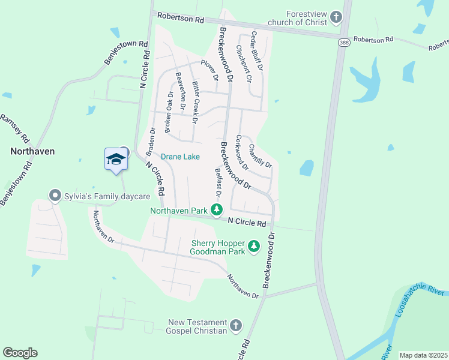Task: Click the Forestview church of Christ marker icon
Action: [337, 17]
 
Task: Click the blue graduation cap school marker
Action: [116, 160]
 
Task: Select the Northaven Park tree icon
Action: [217, 210]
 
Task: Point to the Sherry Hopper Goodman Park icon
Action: [254, 247]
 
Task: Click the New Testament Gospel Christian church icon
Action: [235, 326]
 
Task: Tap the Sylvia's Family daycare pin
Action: [55, 196]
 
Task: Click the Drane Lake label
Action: [180, 157]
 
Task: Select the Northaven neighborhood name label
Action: [32, 152]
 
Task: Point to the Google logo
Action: [20, 353]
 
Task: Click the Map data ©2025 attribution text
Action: [423, 355]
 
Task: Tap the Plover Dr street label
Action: [209, 70]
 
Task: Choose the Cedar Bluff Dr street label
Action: [257, 51]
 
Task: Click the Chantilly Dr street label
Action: [260, 156]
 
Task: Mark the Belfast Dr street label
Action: [218, 182]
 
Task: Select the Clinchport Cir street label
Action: [244, 64]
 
